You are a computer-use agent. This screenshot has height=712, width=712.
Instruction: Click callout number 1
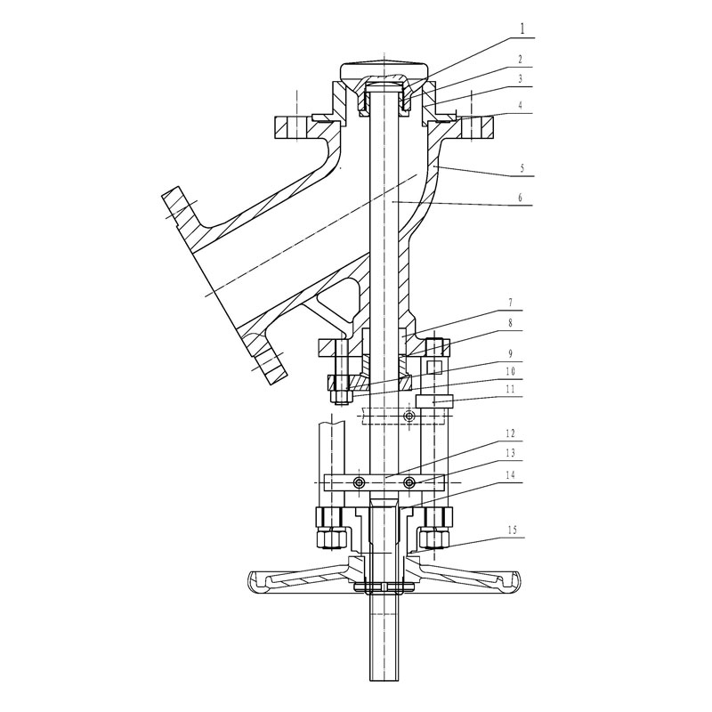click(x=522, y=29)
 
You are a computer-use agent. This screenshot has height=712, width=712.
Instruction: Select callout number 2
click(x=521, y=60)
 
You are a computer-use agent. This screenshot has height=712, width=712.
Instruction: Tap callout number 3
click(x=521, y=79)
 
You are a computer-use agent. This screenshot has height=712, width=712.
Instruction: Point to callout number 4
click(x=521, y=105)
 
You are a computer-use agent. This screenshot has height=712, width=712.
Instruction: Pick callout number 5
click(x=522, y=168)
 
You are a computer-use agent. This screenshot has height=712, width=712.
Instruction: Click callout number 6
click(x=521, y=198)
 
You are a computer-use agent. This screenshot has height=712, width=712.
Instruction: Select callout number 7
click(x=510, y=303)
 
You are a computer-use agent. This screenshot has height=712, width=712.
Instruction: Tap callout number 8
click(x=510, y=323)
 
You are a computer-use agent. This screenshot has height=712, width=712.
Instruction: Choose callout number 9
click(x=510, y=353)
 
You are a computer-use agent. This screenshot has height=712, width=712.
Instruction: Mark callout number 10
click(x=510, y=371)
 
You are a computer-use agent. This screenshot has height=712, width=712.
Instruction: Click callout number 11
click(x=510, y=389)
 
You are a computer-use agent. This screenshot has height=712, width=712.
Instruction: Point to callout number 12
click(x=510, y=433)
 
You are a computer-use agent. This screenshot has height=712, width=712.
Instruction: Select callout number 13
click(x=510, y=453)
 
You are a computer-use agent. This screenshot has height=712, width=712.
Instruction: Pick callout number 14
click(x=510, y=475)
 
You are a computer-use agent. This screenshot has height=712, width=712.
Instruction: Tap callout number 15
click(x=513, y=530)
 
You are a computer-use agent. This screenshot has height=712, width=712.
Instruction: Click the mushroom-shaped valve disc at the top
click(x=384, y=70)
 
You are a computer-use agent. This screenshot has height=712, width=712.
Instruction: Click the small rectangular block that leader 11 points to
click(x=434, y=401)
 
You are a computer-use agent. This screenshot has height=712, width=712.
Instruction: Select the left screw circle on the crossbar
click(x=360, y=481)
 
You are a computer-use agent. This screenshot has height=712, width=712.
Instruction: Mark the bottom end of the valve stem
click(x=384, y=680)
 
